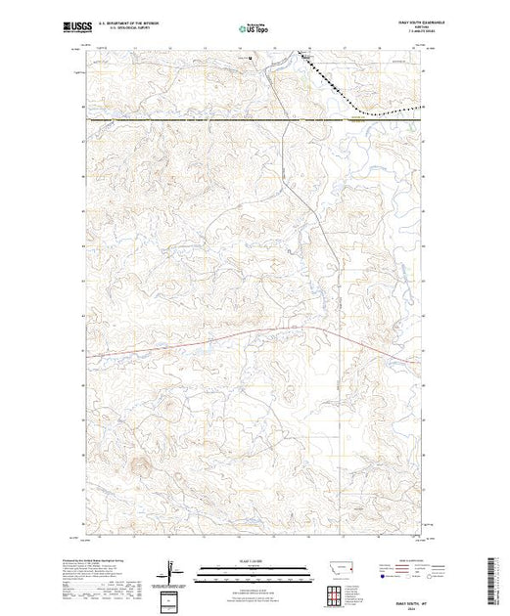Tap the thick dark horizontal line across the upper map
click(x=196, y=119)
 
